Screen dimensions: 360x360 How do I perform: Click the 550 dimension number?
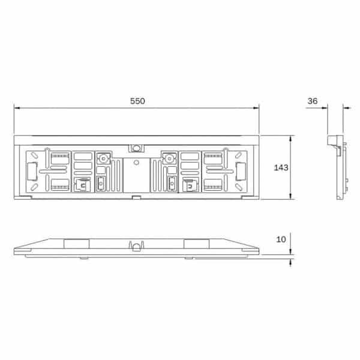137,101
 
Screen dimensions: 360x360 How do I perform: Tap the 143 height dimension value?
281,167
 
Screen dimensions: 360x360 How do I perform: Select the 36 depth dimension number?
313,101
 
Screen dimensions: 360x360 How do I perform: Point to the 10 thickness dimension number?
281,239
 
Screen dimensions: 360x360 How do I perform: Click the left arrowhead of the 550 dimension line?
17,108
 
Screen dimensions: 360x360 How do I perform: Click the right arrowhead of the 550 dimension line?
256,108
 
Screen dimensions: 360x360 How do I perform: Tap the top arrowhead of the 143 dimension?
290,139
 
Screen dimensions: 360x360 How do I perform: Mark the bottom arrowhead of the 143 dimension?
290,196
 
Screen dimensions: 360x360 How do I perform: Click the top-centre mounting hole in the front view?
136,148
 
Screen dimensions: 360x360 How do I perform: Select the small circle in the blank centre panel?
136,163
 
